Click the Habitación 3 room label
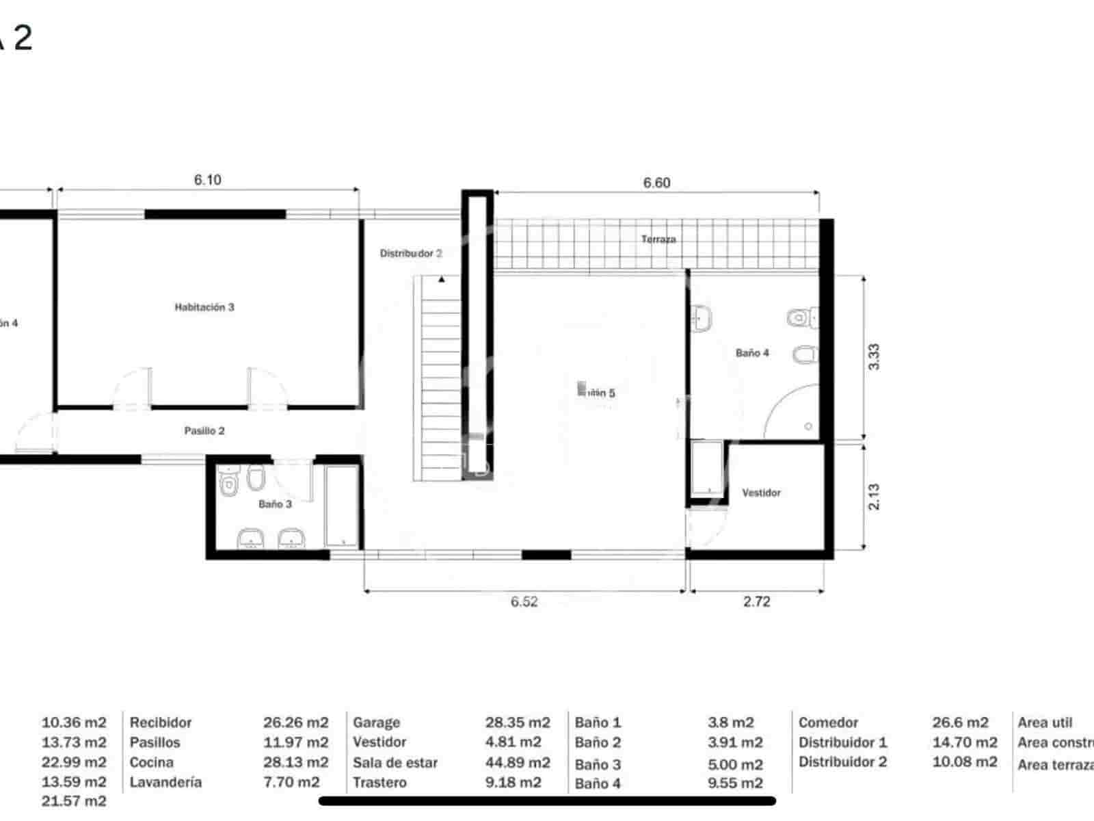(204, 307)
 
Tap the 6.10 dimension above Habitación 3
(207, 180)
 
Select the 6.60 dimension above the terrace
(656, 183)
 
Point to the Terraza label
(658, 239)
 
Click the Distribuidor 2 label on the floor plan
(410, 253)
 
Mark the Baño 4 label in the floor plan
(752, 353)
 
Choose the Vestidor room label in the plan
(761, 493)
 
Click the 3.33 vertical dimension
(874, 356)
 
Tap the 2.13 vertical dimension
(874, 497)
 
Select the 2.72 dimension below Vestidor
(756, 601)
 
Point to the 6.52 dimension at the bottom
(524, 601)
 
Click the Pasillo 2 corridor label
(204, 431)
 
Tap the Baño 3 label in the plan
(275, 504)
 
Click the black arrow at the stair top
(442, 279)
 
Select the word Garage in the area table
(376, 722)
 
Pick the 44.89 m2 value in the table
(518, 762)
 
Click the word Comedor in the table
(828, 722)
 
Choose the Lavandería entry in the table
(165, 782)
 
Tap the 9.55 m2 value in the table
(735, 783)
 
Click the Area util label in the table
(1045, 722)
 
